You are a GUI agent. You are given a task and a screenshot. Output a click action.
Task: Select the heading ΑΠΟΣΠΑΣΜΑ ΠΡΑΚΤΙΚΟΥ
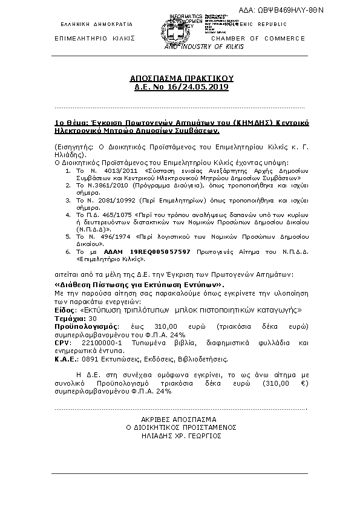click(x=182, y=79)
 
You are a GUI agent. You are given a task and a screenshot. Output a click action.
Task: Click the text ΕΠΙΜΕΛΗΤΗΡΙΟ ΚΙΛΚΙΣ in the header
click(x=94, y=39)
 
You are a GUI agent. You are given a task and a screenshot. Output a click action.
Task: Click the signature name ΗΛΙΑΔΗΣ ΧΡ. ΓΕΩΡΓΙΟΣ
click(x=181, y=436)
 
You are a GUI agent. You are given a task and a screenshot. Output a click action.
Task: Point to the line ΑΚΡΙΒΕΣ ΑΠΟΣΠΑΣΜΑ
click(x=181, y=419)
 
